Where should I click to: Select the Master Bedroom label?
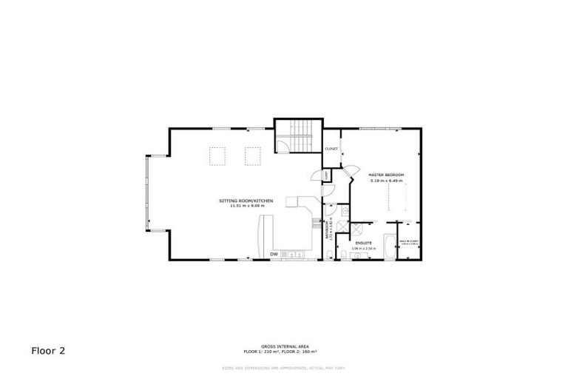(x=386, y=175)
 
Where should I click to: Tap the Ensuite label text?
(x=362, y=242)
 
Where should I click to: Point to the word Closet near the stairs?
(x=331, y=149)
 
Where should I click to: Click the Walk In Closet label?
(x=409, y=241)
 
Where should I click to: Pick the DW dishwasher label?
(x=274, y=255)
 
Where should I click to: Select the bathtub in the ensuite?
(x=388, y=247)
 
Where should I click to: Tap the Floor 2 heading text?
(x=48, y=350)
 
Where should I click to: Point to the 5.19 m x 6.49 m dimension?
(x=386, y=181)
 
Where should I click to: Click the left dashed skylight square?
(x=217, y=155)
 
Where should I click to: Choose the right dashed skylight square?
(x=254, y=155)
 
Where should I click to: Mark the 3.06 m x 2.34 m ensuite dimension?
(x=362, y=248)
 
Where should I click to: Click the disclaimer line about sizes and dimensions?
(x=283, y=368)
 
